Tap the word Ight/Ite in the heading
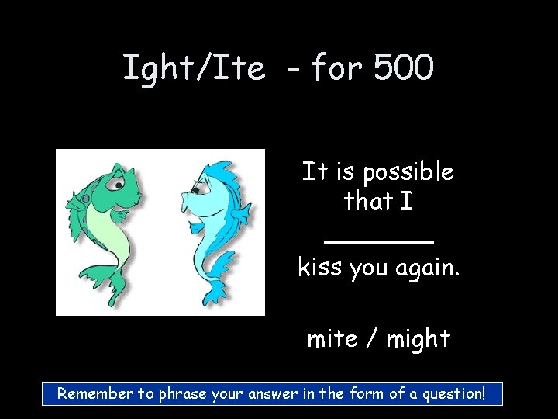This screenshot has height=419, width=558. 194,68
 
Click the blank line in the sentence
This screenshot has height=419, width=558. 378,241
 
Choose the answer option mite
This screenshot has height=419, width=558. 332,339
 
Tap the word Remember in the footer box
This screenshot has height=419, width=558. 95,393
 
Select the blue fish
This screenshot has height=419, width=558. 213,225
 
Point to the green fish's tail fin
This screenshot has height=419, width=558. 116,295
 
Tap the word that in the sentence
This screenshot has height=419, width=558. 367,202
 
